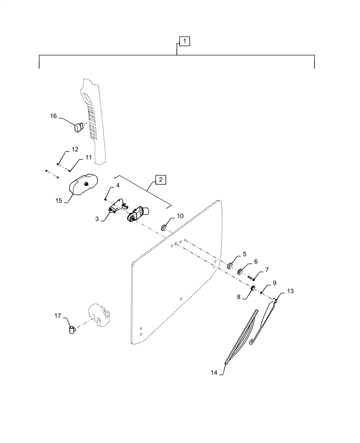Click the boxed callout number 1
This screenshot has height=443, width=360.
184,41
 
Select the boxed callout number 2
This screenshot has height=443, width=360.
160,179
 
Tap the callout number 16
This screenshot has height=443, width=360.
53,117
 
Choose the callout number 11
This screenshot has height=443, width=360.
88,157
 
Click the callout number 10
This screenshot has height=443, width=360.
180,216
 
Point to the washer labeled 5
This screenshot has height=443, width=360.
230,266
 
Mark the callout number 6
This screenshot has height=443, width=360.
255,262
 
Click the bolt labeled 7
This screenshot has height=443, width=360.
252,278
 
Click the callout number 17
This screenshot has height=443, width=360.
58,316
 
